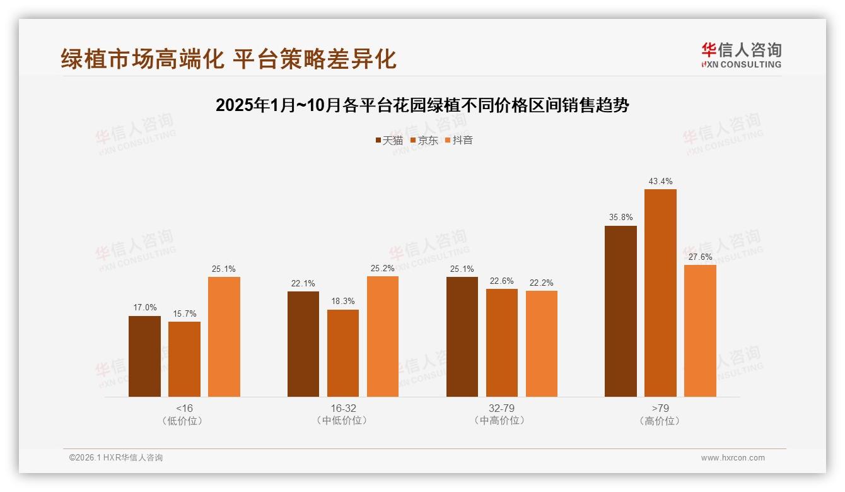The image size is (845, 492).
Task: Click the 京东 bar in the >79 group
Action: click(x=660, y=293)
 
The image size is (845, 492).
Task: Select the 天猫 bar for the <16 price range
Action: click(x=144, y=356)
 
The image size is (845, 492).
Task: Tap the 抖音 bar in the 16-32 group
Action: click(x=383, y=336)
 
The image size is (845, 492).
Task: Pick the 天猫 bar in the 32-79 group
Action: click(x=462, y=337)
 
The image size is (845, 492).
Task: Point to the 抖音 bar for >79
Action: click(x=700, y=331)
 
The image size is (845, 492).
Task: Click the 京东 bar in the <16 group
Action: click(x=184, y=359)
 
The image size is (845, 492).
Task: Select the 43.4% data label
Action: click(x=660, y=182)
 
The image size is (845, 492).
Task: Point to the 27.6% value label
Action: click(x=700, y=257)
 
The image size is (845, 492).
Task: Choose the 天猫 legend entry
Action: click(x=389, y=140)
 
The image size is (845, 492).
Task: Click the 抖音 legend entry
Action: click(x=459, y=140)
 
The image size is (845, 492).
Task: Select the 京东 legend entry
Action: click(x=424, y=140)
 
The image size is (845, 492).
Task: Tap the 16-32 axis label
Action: click(x=343, y=408)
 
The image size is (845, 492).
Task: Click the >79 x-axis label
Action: click(x=660, y=408)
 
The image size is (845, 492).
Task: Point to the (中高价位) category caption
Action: click(x=501, y=421)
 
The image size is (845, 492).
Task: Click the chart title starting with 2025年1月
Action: click(x=422, y=105)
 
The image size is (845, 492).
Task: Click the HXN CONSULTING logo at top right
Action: click(x=741, y=56)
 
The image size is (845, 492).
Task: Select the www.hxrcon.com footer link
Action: click(x=733, y=458)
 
